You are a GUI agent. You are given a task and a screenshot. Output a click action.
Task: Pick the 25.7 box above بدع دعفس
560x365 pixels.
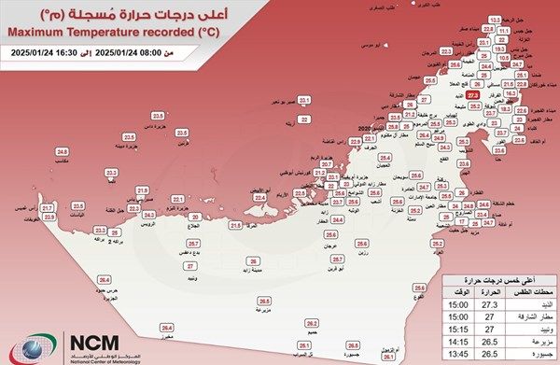[x=190, y=243]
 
